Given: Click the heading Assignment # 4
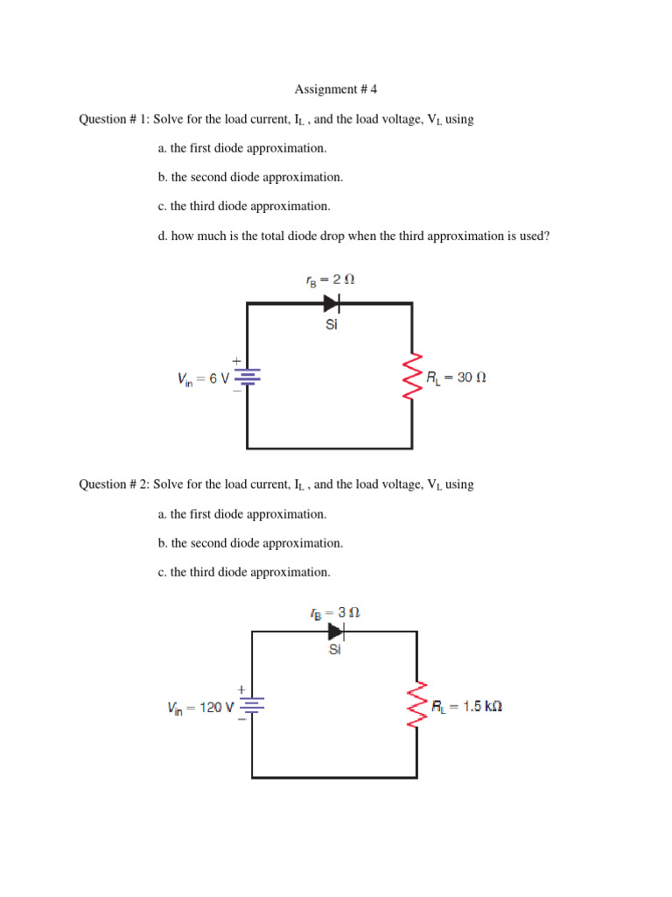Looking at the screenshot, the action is (335, 89).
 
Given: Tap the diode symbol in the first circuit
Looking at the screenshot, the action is (332, 303).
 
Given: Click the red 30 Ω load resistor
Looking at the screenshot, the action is (412, 378).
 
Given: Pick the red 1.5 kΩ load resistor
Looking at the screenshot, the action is (417, 705).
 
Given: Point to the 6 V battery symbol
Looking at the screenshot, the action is (248, 378).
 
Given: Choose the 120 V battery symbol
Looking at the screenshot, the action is (252, 705).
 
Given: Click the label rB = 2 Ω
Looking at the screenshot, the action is (330, 280).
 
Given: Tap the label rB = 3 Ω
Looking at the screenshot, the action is (334, 613).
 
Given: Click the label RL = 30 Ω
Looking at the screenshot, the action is (456, 378).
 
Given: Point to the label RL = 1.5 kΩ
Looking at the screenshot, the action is (466, 706).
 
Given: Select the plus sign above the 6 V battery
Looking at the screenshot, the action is (235, 360).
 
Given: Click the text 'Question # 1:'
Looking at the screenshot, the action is (114, 119).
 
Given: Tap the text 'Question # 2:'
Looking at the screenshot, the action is (114, 484).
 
